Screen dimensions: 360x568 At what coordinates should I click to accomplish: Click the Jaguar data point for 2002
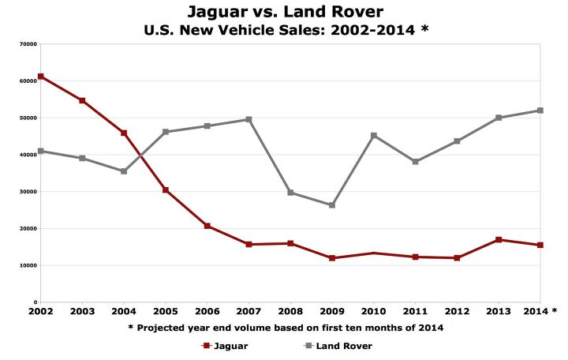(x=41, y=77)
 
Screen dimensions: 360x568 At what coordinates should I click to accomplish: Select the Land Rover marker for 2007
(x=248, y=119)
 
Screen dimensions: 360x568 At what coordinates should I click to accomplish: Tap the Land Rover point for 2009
(x=332, y=205)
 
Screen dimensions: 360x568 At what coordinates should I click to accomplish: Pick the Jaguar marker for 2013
(x=499, y=240)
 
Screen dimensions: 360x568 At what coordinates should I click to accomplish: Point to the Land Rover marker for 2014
(x=540, y=111)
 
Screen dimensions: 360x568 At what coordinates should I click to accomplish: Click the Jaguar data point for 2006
(x=207, y=226)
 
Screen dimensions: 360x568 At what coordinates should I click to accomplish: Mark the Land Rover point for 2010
(x=374, y=136)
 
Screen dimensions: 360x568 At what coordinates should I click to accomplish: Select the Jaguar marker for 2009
(x=332, y=258)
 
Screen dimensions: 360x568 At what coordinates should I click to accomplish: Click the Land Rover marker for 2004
(x=124, y=171)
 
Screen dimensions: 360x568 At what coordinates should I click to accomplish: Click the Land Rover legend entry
(x=334, y=346)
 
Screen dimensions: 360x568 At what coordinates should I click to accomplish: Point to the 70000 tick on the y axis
(x=29, y=44)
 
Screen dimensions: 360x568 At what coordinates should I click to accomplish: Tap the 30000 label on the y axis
(x=29, y=192)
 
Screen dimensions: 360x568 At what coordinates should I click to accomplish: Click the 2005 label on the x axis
(x=166, y=310)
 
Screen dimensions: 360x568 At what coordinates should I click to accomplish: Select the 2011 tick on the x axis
(x=415, y=310)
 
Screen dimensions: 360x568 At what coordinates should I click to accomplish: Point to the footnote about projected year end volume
(x=290, y=327)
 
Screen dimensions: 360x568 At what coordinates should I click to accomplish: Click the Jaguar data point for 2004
(x=124, y=133)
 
